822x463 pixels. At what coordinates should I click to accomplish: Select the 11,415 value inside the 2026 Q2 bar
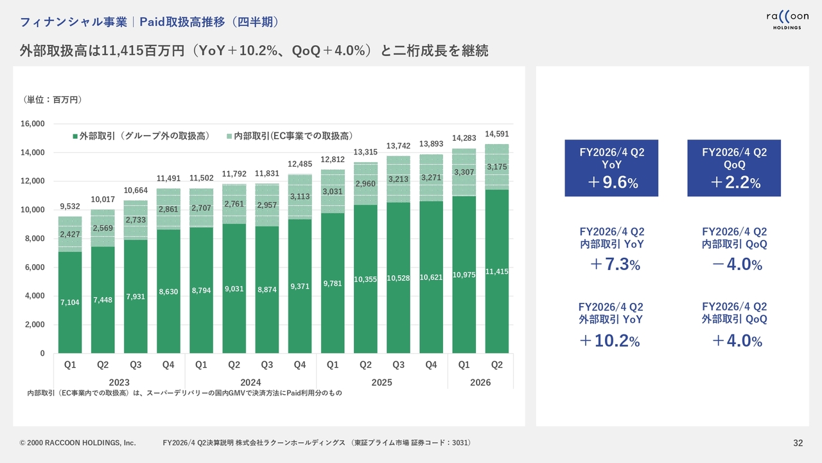(497, 272)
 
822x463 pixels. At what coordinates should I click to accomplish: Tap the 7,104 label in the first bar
(70, 302)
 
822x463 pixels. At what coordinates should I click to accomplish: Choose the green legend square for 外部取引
(75, 137)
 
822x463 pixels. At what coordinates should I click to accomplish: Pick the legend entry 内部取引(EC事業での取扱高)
(293, 136)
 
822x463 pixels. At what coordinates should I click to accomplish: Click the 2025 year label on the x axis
(381, 382)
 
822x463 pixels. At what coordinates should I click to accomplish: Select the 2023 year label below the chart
(119, 382)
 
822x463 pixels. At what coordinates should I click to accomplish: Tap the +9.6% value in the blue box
(611, 183)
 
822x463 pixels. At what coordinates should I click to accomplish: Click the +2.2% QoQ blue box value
(733, 183)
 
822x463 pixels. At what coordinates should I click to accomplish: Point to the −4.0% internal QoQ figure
(734, 264)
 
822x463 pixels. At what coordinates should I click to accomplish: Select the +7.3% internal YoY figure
(611, 264)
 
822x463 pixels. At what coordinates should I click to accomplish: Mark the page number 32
(798, 443)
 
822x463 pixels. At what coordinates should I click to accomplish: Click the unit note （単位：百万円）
(53, 100)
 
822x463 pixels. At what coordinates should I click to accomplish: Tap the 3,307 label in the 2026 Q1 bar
(464, 172)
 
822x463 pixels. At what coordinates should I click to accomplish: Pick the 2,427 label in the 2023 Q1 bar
(70, 234)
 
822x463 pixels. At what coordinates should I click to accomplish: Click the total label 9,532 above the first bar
(70, 206)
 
